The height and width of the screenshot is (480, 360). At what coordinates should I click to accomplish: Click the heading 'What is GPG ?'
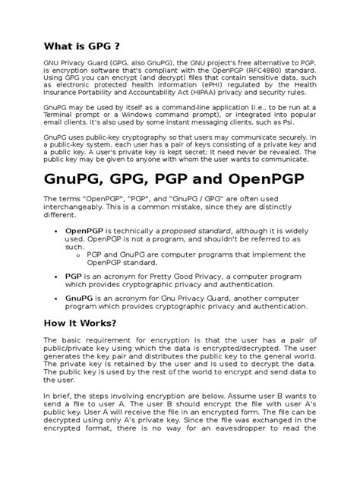click(x=81, y=45)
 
